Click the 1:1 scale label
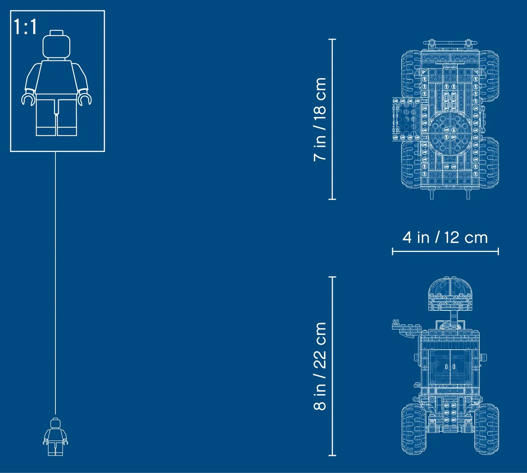[25, 26]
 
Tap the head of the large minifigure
[57, 46]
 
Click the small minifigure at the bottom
[55, 437]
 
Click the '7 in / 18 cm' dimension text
[320, 119]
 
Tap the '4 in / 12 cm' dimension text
[445, 238]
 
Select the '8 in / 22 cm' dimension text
[320, 366]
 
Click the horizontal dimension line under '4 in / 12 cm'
[445, 251]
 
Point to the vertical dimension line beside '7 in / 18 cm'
[332, 119]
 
